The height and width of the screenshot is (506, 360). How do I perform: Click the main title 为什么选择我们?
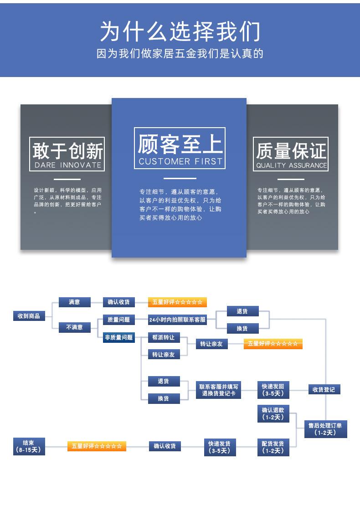[x=180, y=32]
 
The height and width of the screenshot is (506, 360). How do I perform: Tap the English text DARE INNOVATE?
[x=67, y=165]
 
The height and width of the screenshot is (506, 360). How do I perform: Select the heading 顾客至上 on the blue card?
[x=180, y=144]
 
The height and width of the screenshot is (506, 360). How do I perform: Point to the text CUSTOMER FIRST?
[x=180, y=161]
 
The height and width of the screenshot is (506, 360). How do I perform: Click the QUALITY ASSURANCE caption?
[x=291, y=165]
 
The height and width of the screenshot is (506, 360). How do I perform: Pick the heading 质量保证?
[x=291, y=151]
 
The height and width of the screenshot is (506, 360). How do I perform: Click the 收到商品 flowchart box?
[x=29, y=316]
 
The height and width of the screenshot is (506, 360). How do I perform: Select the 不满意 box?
[x=74, y=327]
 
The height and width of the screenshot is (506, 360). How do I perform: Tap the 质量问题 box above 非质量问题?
[x=118, y=320]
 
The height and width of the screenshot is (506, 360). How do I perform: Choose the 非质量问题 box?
[x=118, y=337]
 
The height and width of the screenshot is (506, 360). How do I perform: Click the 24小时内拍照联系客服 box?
[x=177, y=320]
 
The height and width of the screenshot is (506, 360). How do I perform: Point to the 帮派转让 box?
[x=164, y=338]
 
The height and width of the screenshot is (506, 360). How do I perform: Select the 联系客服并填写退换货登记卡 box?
[x=219, y=390]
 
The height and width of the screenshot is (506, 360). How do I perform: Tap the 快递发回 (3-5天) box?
[x=273, y=390]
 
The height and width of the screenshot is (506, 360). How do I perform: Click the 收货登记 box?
[x=324, y=389]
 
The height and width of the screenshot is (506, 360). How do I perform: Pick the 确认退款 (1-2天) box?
[x=273, y=413]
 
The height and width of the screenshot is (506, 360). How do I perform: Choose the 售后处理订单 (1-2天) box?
[x=325, y=429]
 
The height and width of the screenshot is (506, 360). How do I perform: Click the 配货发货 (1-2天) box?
[x=273, y=447]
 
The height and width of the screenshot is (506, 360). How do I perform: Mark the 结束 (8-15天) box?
[x=29, y=446]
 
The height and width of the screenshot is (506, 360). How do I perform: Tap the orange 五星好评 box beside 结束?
[x=97, y=446]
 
